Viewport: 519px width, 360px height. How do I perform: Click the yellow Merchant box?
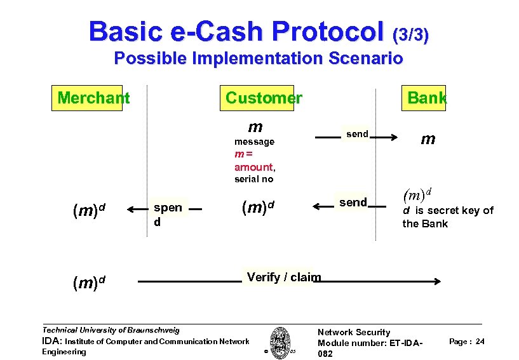coord(87,98)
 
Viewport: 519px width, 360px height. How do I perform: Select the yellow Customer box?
coord(264,98)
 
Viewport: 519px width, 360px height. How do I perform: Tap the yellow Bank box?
coord(427,98)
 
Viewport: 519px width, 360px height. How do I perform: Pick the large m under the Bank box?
coord(428,139)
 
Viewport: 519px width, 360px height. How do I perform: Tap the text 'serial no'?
coord(253,179)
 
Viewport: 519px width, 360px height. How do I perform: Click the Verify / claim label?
coord(283,277)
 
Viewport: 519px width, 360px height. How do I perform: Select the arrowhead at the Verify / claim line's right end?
coord(438,282)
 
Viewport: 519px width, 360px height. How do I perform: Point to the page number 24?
coord(480,342)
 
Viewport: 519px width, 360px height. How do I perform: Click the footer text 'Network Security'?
coord(354,332)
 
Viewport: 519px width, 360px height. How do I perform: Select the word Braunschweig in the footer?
coord(153,330)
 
